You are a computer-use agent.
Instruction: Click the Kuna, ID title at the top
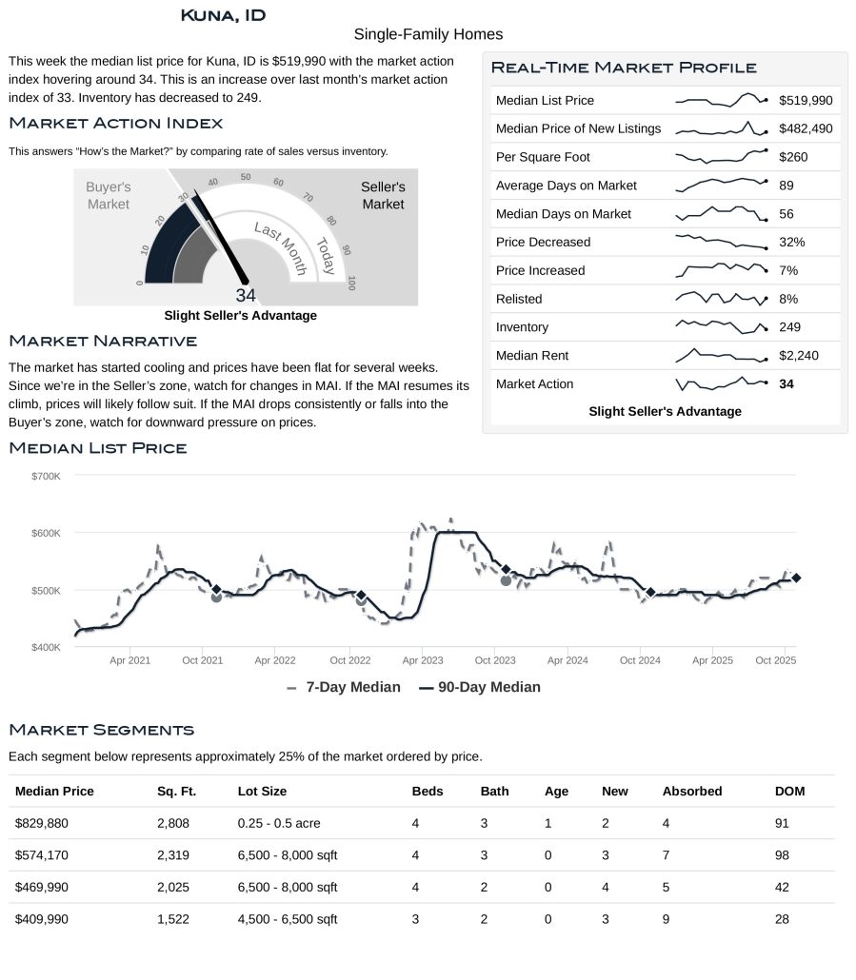click(x=223, y=15)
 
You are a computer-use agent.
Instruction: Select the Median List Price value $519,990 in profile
click(x=805, y=100)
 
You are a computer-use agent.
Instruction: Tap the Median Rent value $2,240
click(x=798, y=356)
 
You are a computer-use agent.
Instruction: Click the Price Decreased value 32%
click(x=791, y=242)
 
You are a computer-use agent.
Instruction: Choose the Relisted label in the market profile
click(x=519, y=299)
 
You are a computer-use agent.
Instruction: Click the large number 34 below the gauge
click(x=246, y=296)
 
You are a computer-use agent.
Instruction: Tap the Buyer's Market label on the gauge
click(x=109, y=196)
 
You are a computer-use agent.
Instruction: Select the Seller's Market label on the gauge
click(x=383, y=196)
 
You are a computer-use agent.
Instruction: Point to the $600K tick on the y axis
click(x=47, y=533)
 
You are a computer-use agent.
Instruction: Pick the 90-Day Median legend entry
click(x=480, y=687)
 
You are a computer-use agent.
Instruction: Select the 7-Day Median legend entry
click(x=344, y=687)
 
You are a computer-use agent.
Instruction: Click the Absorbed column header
click(x=692, y=792)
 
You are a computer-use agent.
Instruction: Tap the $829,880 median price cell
click(x=42, y=823)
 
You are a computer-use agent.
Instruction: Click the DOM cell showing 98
click(x=783, y=855)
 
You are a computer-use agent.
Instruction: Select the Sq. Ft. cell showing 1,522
click(x=173, y=919)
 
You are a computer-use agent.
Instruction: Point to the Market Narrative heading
click(x=103, y=341)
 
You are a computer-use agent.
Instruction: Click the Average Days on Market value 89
click(x=786, y=186)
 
